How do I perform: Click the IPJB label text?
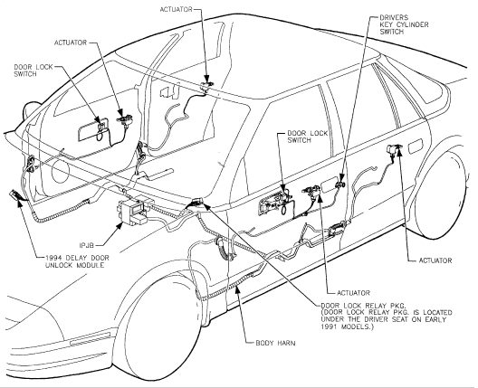87,245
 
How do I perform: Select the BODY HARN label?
275,343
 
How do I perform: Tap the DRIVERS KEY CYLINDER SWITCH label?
404,24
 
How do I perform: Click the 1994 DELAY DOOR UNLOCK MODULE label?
77,261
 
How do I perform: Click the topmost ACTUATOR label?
176,9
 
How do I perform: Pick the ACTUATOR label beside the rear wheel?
435,260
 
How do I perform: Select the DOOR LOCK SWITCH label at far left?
33,71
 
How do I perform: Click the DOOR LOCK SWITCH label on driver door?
307,137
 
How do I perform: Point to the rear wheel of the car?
441,195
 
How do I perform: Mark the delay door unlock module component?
14,194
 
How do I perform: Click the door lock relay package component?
196,202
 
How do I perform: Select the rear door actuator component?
393,148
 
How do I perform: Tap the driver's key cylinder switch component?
339,184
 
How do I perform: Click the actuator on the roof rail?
206,86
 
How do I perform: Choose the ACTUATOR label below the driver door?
353,293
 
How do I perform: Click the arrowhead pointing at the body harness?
237,289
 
